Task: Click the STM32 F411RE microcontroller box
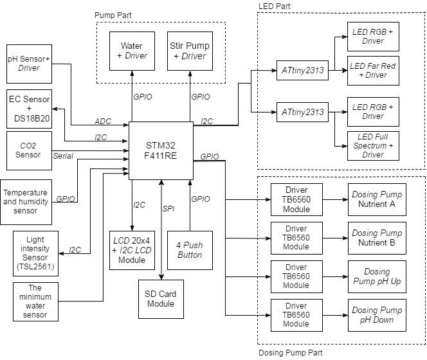point(161,150)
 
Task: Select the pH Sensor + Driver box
point(29,63)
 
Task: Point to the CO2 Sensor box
point(29,149)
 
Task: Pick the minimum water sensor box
point(35,301)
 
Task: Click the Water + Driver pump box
point(132,51)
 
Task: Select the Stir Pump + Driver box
point(189,51)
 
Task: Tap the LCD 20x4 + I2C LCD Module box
point(132,249)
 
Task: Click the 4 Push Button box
point(189,249)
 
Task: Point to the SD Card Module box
point(161,299)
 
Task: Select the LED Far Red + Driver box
point(373,70)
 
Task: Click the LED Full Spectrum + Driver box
point(373,146)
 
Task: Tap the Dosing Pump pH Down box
point(377,315)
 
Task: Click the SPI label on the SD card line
point(168,208)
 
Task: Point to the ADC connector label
point(103,121)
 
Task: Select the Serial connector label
point(63,156)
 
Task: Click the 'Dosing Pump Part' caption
point(290,352)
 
